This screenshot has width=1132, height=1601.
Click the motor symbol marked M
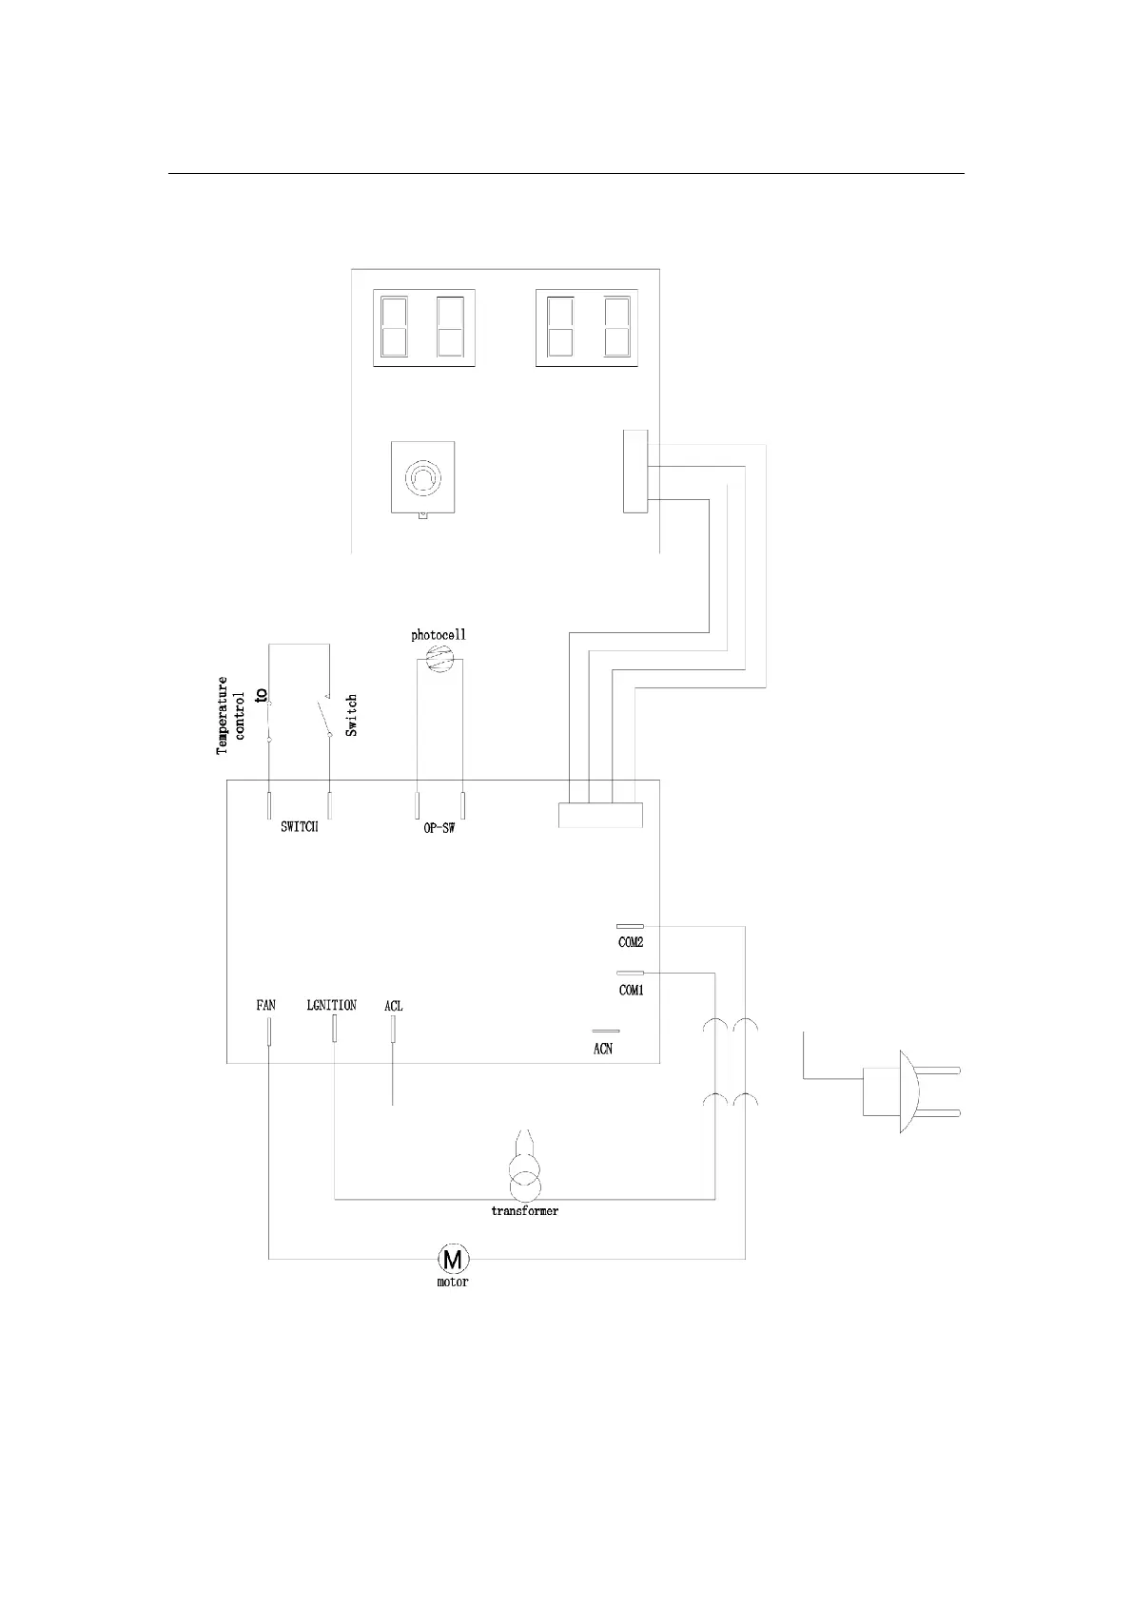[453, 1259]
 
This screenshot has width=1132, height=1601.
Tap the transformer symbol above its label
[524, 1177]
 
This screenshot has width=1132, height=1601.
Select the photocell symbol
[439, 658]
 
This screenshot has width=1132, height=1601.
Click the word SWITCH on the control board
[300, 827]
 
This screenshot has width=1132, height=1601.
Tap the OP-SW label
[439, 828]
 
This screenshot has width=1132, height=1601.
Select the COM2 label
[632, 942]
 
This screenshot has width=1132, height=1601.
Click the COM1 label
[632, 990]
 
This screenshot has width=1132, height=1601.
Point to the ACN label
[603, 1049]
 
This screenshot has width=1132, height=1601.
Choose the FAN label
[266, 1005]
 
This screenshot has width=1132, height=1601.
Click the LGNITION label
[332, 1005]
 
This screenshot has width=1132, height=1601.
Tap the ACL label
[393, 1006]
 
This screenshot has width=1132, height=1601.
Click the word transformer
[524, 1211]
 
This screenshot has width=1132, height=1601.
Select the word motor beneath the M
[453, 1282]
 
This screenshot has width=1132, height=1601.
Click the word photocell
[439, 634]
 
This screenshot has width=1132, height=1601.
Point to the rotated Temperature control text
[231, 715]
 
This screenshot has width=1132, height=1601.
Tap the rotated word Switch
[352, 715]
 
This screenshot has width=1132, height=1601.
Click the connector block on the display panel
[635, 472]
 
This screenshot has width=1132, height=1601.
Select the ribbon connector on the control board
[600, 815]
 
